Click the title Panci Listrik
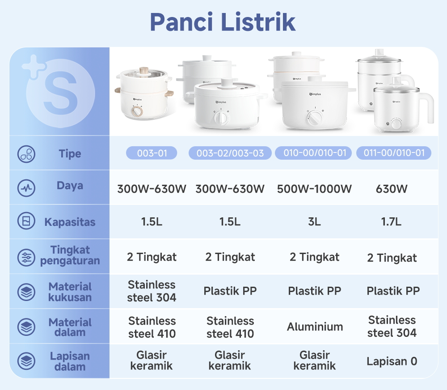[223, 22]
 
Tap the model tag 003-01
[152, 153]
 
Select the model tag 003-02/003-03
[230, 153]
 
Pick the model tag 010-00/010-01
[315, 153]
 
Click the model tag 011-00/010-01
[393, 153]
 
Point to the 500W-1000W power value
[314, 189]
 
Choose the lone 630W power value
[392, 189]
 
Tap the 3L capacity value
[314, 222]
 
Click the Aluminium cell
[315, 326]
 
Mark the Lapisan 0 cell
[392, 361]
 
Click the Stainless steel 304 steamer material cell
[152, 291]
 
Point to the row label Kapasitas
[70, 222]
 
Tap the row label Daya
[70, 186]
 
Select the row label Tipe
[70, 154]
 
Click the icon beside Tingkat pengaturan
[26, 257]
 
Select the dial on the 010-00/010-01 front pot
[313, 118]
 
